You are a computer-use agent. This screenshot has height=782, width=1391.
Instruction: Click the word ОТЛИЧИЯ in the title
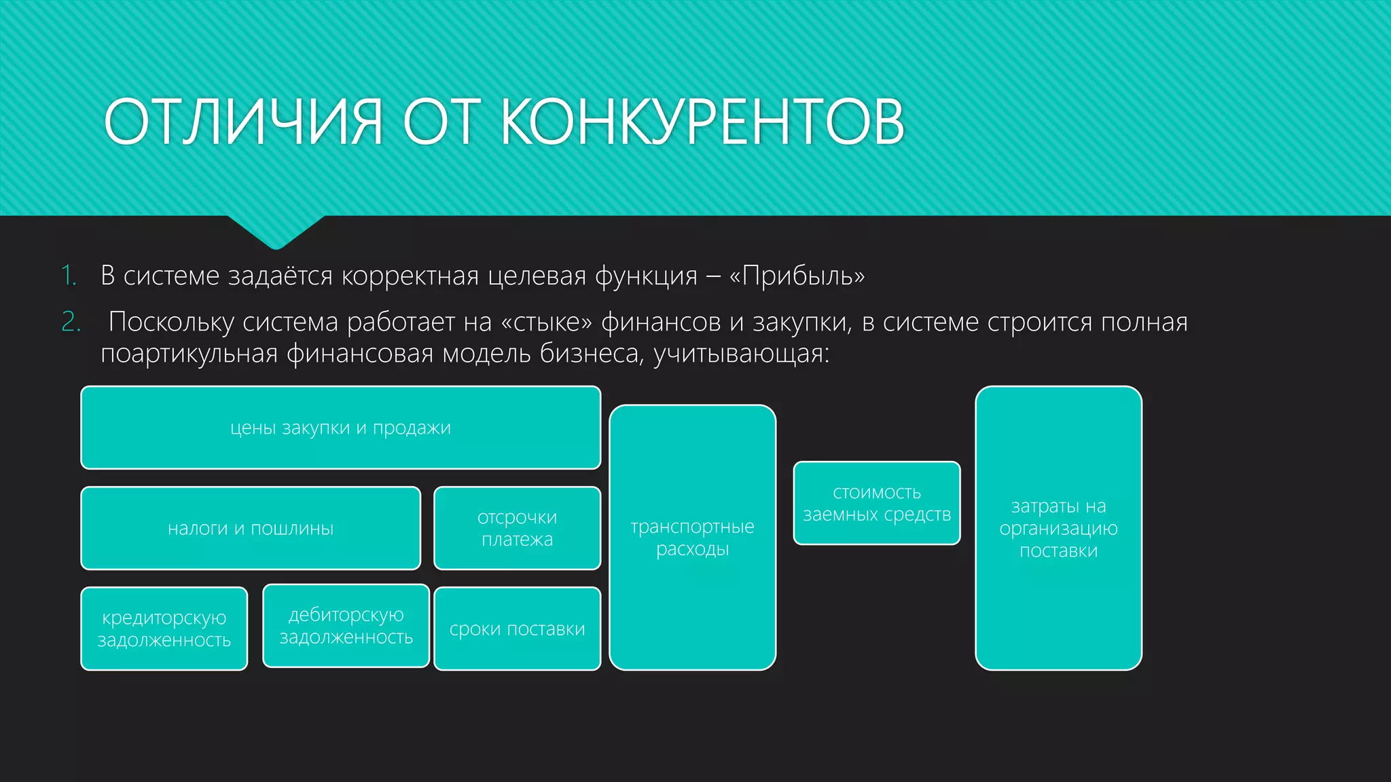pos(243,122)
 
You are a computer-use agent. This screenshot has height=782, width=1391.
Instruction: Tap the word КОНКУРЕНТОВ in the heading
pos(702,122)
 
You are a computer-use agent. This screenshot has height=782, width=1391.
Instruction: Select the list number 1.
pos(69,276)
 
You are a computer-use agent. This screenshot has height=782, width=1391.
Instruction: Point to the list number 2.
pos(71,322)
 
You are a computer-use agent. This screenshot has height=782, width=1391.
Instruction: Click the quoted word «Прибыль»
pos(797,276)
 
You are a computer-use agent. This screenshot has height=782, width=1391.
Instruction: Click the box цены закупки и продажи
pos(340,428)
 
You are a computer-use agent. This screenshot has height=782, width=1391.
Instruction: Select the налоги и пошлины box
pos(251,528)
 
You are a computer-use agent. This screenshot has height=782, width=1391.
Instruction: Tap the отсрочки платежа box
pos(517,528)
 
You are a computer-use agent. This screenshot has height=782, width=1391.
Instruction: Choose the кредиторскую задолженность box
pos(164,629)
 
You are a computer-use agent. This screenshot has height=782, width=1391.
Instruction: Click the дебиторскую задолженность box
pos(346,626)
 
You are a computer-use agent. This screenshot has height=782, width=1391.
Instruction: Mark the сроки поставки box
pos(517,629)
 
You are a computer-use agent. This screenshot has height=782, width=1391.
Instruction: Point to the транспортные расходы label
pos(692,538)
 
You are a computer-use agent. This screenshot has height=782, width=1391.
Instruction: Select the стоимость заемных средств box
pos(876,503)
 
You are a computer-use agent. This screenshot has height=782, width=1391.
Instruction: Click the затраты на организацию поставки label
pos(1058,528)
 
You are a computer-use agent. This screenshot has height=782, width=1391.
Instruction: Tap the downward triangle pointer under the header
pos(276,231)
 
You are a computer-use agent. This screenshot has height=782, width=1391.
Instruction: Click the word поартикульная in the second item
pos(189,354)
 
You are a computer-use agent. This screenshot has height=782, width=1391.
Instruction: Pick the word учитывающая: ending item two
pos(741,354)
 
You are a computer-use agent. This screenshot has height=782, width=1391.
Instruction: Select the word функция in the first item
pos(646,276)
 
